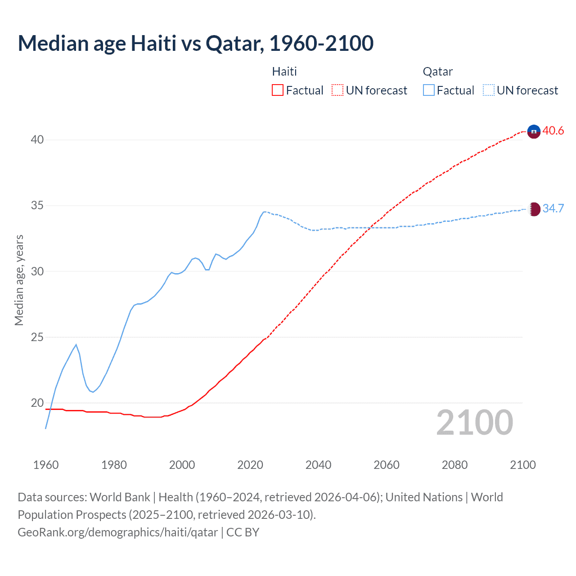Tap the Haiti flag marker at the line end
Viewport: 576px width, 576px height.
pyautogui.click(x=533, y=131)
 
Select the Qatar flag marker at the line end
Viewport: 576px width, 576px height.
pyautogui.click(x=533, y=209)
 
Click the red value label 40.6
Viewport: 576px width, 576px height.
pyautogui.click(x=553, y=131)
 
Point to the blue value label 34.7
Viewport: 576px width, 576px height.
pyautogui.click(x=553, y=208)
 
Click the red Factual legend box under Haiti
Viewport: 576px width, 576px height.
pyautogui.click(x=278, y=90)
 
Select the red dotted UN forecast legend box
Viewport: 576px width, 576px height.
pyautogui.click(x=337, y=90)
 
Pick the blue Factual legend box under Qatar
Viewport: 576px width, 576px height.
pyautogui.click(x=429, y=90)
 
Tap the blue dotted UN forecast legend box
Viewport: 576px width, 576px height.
pyautogui.click(x=488, y=90)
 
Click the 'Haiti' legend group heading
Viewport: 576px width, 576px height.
pyautogui.click(x=284, y=72)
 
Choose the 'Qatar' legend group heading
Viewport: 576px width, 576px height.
pyautogui.click(x=437, y=72)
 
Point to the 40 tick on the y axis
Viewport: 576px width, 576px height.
pyautogui.click(x=37, y=140)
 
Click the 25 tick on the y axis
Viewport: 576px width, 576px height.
pyautogui.click(x=37, y=337)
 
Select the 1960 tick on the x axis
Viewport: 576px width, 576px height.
pyautogui.click(x=46, y=465)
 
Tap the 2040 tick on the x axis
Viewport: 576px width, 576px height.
pyautogui.click(x=318, y=465)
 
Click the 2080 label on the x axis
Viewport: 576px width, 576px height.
pyautogui.click(x=454, y=465)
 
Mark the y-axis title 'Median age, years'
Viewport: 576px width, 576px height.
pyautogui.click(x=19, y=280)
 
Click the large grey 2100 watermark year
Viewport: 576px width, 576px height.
pyautogui.click(x=475, y=423)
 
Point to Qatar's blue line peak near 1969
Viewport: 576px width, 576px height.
pyautogui.click(x=76, y=345)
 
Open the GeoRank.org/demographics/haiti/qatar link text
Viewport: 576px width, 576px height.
pyautogui.click(x=118, y=532)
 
